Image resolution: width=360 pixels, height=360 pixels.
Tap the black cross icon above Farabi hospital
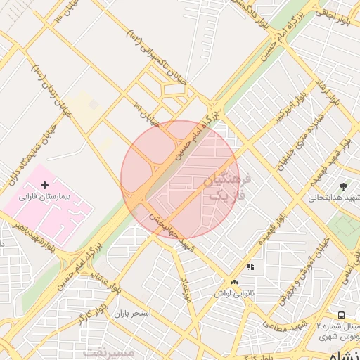point(45,165)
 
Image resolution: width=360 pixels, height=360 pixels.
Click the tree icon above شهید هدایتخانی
point(343,186)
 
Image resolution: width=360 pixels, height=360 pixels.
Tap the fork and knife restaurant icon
point(250,266)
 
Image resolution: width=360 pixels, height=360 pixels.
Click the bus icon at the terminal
point(341,315)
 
